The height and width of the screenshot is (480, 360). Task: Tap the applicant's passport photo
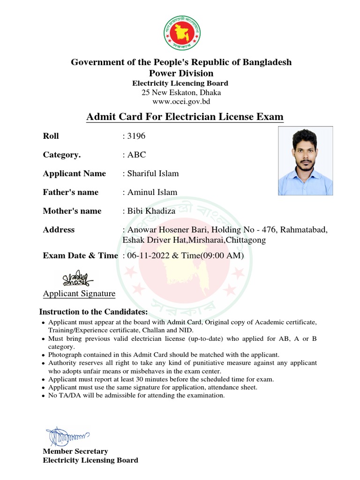305,161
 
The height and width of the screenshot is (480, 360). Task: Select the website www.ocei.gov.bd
181,101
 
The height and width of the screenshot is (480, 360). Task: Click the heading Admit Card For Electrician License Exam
185,116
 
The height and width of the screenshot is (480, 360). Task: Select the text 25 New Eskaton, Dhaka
181,92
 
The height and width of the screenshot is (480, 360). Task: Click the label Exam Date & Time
80,255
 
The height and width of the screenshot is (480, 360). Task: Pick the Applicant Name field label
75,173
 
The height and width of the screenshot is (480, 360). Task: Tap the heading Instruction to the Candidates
93,312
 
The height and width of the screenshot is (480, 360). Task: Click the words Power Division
181,73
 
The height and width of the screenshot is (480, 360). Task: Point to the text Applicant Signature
79,294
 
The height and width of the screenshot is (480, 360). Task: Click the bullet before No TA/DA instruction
44,396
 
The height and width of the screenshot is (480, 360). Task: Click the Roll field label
51,136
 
